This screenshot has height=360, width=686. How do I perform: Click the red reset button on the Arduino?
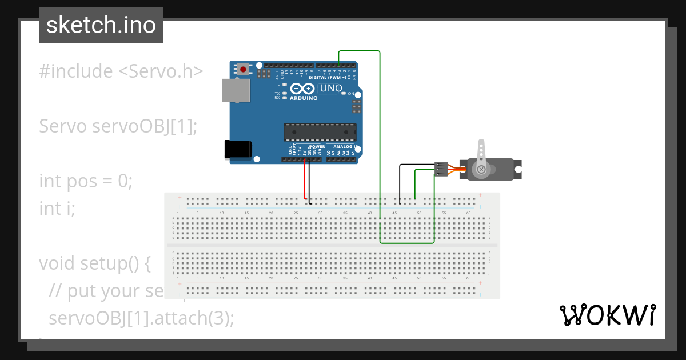[244, 70]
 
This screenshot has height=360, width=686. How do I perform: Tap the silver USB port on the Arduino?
[236, 90]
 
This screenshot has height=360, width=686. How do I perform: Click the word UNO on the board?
[331, 89]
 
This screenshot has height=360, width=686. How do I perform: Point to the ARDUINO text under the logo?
[304, 98]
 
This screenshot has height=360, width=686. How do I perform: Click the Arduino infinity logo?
[302, 89]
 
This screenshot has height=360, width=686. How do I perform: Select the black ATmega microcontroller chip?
[320, 132]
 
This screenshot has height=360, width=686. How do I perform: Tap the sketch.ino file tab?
[101, 25]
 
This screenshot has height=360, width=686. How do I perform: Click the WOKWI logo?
[607, 315]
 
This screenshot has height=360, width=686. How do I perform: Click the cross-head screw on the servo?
[482, 169]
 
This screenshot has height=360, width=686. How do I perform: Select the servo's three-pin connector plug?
[441, 169]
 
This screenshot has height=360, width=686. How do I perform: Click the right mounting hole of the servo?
[518, 169]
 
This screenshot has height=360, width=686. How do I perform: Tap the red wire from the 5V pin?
[305, 180]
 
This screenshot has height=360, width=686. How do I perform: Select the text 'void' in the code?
[58, 263]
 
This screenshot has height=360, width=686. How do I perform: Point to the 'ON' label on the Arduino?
[351, 93]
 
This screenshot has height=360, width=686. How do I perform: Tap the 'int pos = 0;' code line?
[86, 181]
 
